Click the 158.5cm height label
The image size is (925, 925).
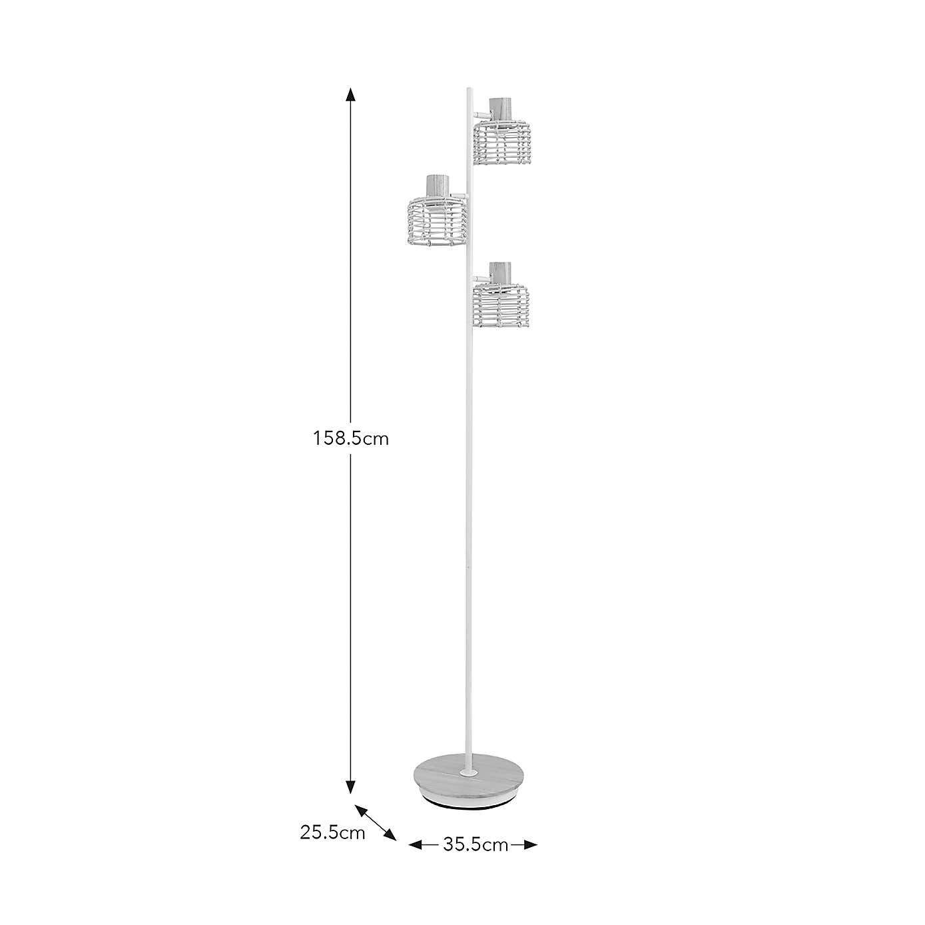[x=351, y=439]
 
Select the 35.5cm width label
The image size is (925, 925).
[x=475, y=846]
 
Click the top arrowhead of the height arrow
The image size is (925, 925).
[x=350, y=94]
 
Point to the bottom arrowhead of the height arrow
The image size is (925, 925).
[x=350, y=787]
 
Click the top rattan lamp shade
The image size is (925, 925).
[x=502, y=143]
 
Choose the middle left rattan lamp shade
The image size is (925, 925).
[x=434, y=220]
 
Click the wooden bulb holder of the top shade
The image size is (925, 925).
[x=500, y=109]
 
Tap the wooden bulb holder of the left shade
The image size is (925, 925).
[x=436, y=185]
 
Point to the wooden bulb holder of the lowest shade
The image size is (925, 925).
[x=500, y=274]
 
